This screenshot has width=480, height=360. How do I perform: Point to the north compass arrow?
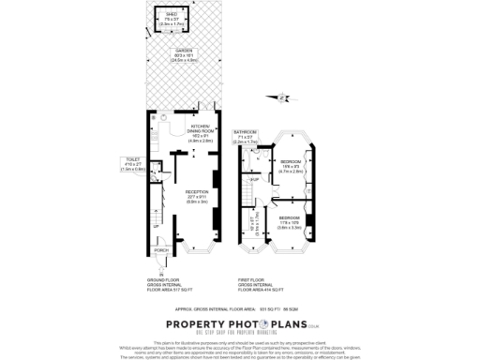click(x=277, y=96)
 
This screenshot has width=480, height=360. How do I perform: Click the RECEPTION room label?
click(x=197, y=193)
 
